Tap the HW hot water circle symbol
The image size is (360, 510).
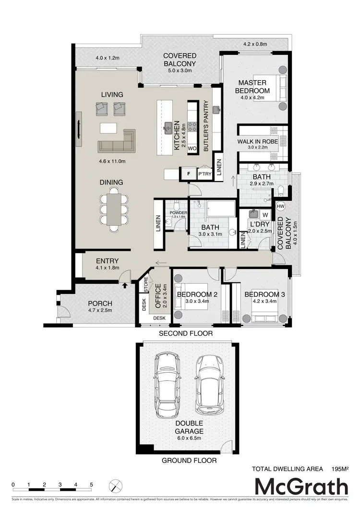(x=281, y=206)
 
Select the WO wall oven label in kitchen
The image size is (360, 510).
(x=192, y=148)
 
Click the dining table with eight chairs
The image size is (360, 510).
(x=115, y=210)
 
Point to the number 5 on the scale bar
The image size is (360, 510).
(x=91, y=484)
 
